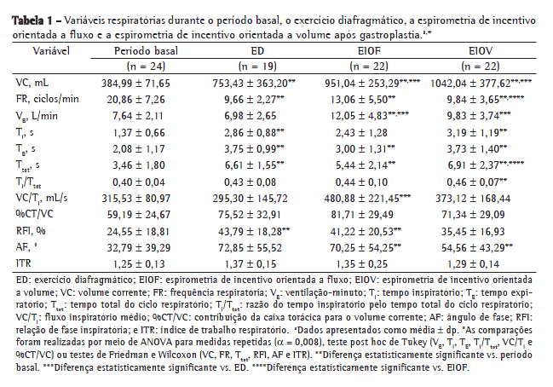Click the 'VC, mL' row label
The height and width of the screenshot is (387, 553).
pos(33,83)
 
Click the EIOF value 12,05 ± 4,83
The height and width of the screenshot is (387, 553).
pos(366,115)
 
